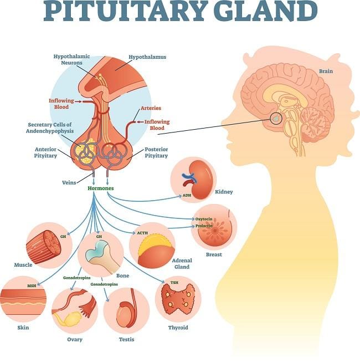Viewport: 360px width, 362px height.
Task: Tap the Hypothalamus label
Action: (147, 57)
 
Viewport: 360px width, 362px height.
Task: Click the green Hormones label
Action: (100, 188)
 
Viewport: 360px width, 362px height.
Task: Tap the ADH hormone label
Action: (187, 196)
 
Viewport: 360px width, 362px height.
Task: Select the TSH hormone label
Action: (174, 283)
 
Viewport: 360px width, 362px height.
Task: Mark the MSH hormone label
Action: (32, 286)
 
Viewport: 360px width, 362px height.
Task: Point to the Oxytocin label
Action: (204, 219)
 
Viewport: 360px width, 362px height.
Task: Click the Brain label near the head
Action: (326, 71)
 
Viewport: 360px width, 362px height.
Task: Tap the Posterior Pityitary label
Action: (156, 152)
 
